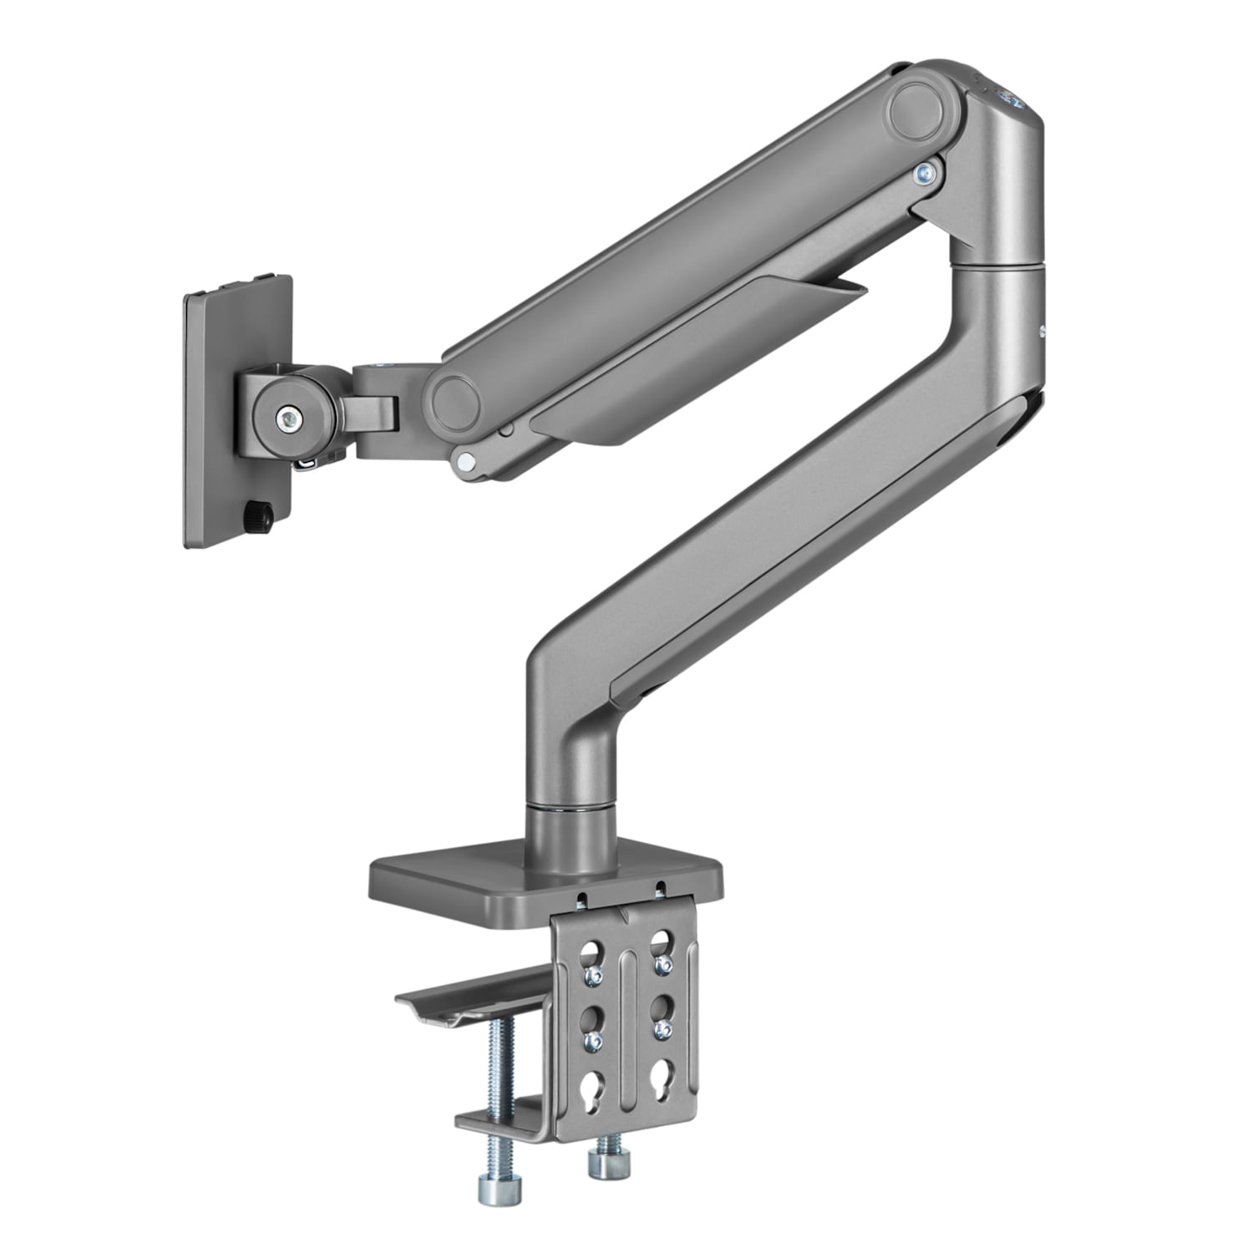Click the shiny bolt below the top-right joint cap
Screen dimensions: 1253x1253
pyautogui.click(x=924, y=174)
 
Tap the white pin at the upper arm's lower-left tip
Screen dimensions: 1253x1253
pyautogui.click(x=466, y=459)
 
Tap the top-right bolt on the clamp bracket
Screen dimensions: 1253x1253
pyautogui.click(x=663, y=966)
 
